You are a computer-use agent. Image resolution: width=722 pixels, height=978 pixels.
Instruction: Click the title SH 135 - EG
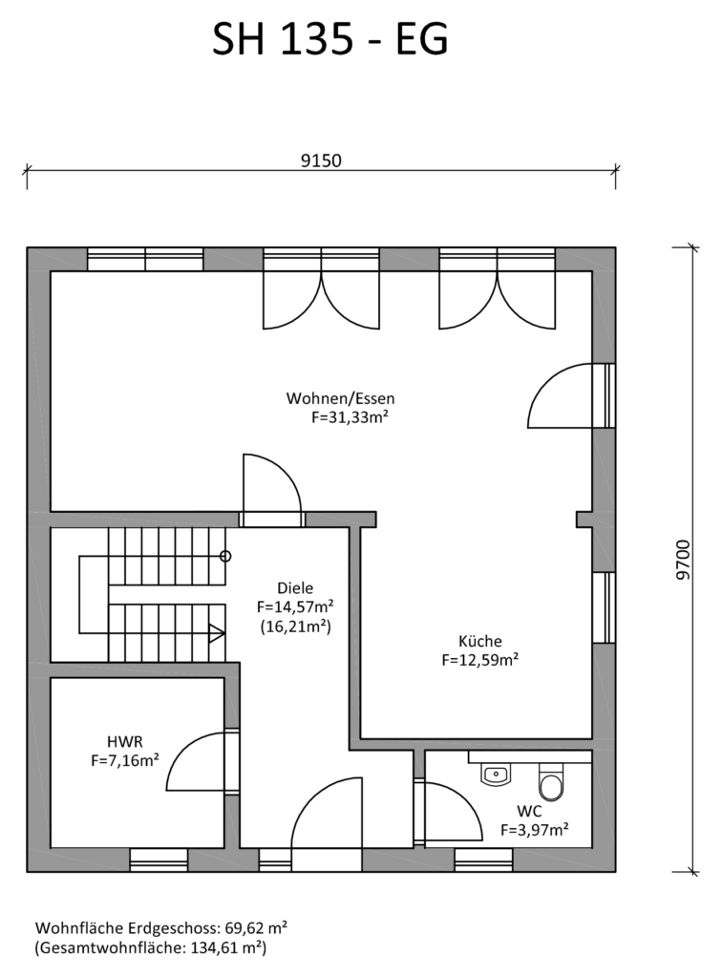pos(329,39)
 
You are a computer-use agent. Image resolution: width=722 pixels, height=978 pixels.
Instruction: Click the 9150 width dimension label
pos(321,160)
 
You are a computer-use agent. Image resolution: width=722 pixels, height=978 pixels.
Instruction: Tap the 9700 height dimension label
pos(684,560)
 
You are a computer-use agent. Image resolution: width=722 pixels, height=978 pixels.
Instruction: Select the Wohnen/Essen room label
pos(340,398)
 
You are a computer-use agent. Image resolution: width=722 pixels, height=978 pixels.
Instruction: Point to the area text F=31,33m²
pos(350,417)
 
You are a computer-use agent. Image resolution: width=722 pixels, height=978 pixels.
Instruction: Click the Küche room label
pos(480,641)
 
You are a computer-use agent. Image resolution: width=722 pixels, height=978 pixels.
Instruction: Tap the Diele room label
pos(295,587)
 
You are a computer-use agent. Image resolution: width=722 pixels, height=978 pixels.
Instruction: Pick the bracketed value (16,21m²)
pos(295,627)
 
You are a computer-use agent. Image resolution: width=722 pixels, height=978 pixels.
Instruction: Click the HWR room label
pos(125,741)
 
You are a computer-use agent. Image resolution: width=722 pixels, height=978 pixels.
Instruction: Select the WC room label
pos(529,811)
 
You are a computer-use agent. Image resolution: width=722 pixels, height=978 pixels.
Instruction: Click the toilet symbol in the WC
pos(551,781)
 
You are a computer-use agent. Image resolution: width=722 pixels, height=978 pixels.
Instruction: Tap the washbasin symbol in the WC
pos(497,775)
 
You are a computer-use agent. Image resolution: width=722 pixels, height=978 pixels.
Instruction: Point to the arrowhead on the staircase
pos(217,633)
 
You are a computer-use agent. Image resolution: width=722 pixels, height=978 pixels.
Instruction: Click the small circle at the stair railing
pos(225,556)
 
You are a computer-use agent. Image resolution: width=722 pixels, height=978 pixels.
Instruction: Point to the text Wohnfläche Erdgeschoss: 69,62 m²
pos(161,928)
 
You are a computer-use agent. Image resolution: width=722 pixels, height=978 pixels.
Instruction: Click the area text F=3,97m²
pos(534,830)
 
